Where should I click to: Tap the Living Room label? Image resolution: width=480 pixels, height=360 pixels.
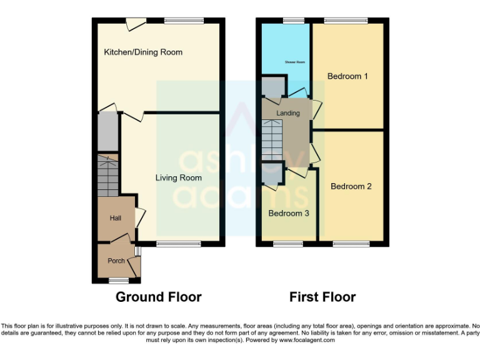(x=178, y=178)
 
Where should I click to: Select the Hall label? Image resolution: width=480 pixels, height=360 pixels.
(x=116, y=218)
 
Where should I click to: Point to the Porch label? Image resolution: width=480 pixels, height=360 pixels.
(x=116, y=261)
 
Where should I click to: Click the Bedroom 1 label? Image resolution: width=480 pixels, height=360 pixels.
(x=347, y=76)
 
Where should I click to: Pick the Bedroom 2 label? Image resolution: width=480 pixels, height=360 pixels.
(x=351, y=186)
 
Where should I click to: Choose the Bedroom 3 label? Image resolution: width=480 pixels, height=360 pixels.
(x=289, y=213)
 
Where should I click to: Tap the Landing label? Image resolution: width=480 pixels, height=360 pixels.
(x=288, y=113)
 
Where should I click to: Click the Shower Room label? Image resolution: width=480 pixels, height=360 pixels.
(x=294, y=62)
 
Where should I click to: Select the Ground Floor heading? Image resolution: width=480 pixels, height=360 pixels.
(x=158, y=297)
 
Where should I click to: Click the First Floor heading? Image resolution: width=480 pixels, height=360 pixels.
(x=322, y=297)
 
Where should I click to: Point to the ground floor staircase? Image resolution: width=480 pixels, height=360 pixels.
(x=107, y=175)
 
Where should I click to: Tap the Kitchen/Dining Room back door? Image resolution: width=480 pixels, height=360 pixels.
(x=133, y=24)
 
